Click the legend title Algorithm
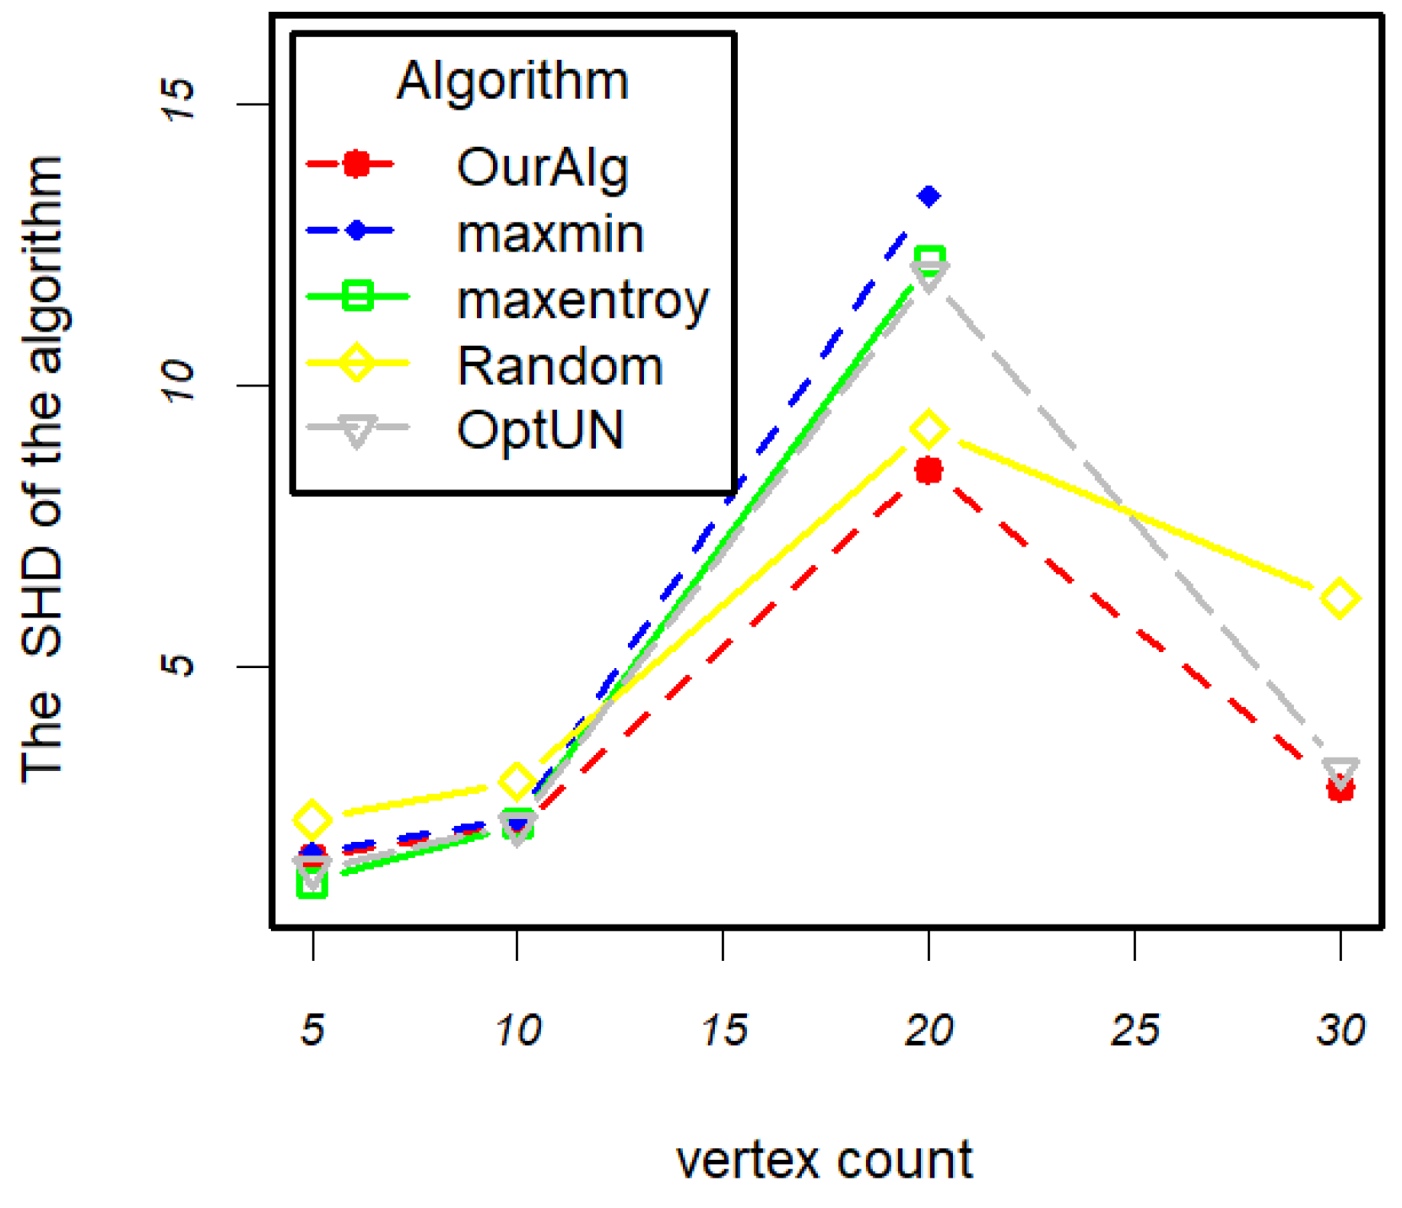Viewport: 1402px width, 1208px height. (x=512, y=81)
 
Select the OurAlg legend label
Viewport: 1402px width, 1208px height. (x=542, y=168)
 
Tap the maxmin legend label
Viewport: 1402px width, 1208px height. (x=549, y=234)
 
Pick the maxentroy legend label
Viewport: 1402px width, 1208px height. (x=582, y=300)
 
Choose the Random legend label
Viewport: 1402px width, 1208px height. (x=560, y=366)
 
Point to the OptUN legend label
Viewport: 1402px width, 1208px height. (x=540, y=430)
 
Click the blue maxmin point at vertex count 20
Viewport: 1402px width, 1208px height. (x=928, y=197)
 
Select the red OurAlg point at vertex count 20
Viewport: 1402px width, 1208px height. (x=928, y=471)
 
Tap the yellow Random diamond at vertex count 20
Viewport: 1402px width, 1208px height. (x=928, y=430)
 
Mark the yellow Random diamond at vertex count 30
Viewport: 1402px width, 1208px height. (x=1340, y=599)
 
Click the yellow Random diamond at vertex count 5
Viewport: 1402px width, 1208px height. (x=312, y=818)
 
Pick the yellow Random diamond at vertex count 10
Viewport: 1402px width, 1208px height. (x=517, y=782)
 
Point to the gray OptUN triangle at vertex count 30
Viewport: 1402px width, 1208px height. (x=1340, y=772)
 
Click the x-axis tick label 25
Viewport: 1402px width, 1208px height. (x=1134, y=1030)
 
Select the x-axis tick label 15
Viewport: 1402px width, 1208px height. (x=723, y=1030)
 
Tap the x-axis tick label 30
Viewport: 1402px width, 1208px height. (x=1340, y=1030)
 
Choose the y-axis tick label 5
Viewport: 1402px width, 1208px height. (x=177, y=665)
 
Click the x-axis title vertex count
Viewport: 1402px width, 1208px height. (x=824, y=1160)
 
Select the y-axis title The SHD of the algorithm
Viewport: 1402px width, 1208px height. (x=42, y=469)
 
